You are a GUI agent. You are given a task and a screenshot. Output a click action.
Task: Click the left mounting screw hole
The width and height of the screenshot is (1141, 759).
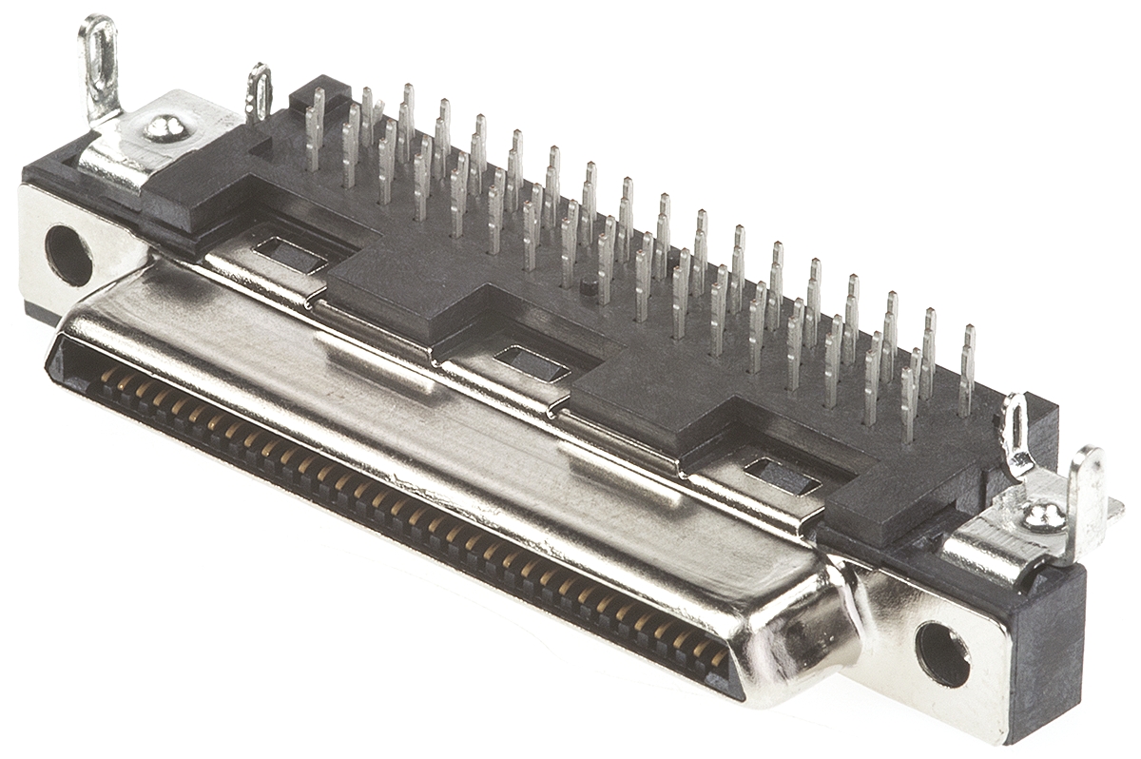(68, 255)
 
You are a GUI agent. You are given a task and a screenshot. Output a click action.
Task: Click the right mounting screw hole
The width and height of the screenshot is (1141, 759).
(942, 653)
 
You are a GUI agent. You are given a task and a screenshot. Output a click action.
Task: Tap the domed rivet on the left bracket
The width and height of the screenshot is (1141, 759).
(165, 127)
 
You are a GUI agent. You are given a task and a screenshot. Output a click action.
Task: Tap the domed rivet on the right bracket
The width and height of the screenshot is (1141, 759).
(1043, 516)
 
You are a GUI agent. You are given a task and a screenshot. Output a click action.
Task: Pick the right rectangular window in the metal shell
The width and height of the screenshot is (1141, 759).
(782, 476)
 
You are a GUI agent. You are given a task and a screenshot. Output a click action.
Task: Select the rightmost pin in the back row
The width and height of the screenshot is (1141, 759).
(967, 371)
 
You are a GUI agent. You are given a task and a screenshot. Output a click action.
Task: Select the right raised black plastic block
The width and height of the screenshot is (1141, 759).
(656, 399)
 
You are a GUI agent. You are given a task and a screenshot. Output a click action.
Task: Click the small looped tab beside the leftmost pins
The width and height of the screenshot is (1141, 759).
(258, 91)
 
